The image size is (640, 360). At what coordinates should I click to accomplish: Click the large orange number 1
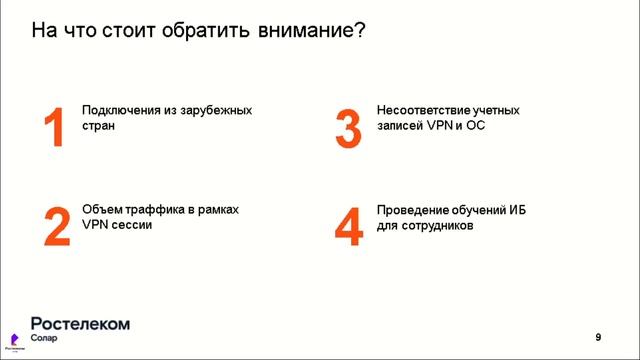tap(53, 129)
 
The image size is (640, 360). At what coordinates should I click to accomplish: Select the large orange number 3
tap(347, 129)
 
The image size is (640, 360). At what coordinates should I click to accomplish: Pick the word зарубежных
tap(220, 111)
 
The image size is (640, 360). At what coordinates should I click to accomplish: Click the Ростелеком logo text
tap(81, 323)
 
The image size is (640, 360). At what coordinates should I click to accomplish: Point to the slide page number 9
tap(598, 335)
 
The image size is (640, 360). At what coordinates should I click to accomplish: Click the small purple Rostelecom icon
tap(14, 337)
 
